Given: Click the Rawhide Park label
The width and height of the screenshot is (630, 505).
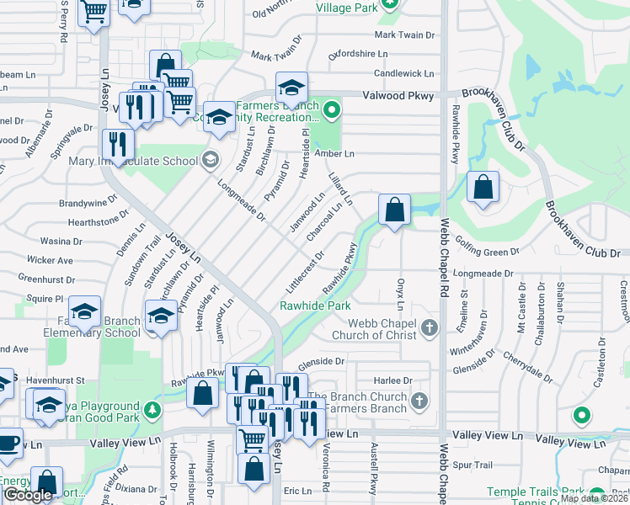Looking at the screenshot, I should [x=315, y=306].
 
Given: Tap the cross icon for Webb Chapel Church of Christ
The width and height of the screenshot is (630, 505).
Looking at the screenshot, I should [x=430, y=327].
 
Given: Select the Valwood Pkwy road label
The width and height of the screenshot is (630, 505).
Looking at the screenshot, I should [x=398, y=96].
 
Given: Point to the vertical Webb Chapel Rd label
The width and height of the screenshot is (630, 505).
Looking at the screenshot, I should [x=444, y=252].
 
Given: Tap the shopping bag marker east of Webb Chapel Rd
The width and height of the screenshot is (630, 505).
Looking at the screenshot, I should [x=483, y=189].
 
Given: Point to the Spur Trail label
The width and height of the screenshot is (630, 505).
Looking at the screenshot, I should [x=472, y=464].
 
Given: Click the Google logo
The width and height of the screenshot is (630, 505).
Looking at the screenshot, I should [x=29, y=495].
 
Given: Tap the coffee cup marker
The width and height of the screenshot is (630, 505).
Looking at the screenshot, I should [x=8, y=441].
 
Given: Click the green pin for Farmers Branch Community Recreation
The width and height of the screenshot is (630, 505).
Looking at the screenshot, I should [x=333, y=109].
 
